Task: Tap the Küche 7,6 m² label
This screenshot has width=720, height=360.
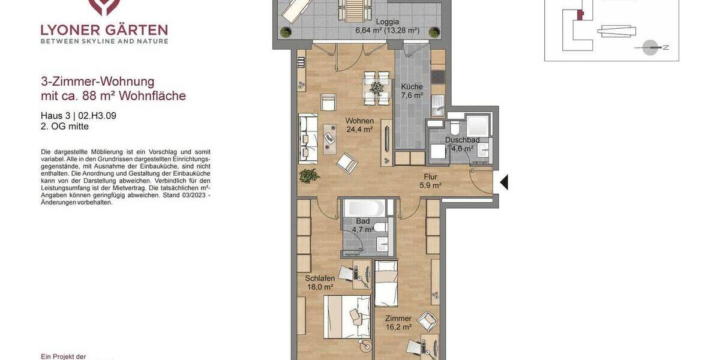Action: (412, 91)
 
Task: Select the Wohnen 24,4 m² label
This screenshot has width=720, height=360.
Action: (359, 125)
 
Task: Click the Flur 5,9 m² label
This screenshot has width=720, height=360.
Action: (430, 181)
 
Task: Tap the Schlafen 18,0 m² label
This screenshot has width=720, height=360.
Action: (319, 283)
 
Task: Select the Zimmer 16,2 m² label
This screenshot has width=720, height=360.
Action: (398, 323)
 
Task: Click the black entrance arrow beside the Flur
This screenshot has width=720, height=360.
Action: (504, 182)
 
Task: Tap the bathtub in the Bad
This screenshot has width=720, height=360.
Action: (364, 208)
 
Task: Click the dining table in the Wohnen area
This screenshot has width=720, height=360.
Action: (377, 88)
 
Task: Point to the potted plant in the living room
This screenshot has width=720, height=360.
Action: (309, 175)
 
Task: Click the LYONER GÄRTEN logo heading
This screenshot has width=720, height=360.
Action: (104, 30)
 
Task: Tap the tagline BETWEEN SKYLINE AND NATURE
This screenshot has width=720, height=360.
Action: (104, 41)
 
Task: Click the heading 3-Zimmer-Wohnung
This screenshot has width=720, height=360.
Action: (97, 82)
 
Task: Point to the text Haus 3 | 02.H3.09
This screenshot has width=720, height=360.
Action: (78, 116)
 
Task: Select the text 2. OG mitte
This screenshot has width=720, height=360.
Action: (65, 127)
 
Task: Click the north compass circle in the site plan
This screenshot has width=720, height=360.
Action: (650, 47)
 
